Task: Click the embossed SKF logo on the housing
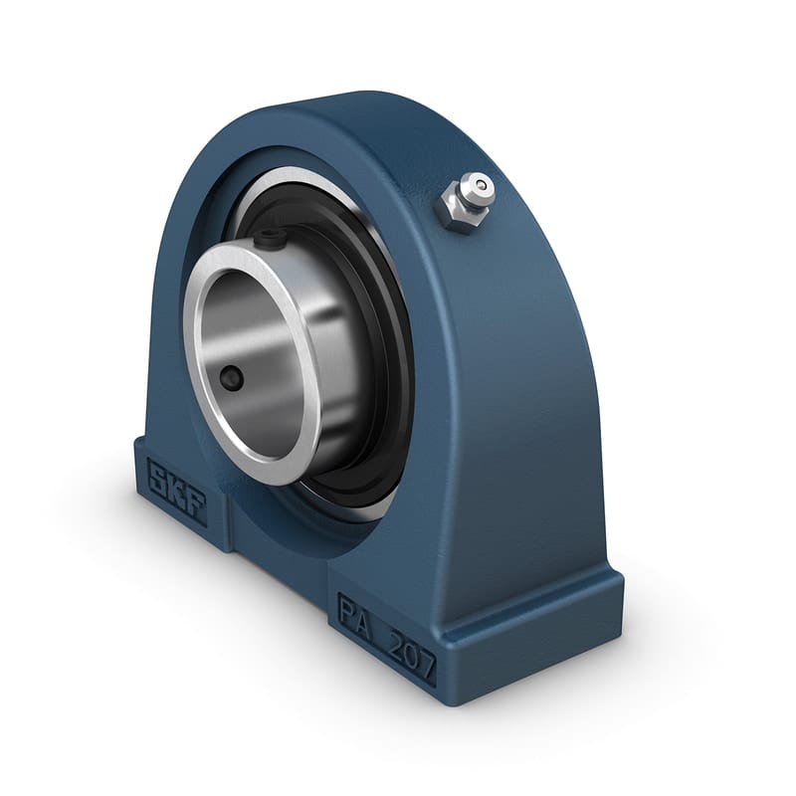coord(177,491)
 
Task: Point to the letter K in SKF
coord(177,491)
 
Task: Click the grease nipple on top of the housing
coord(465,199)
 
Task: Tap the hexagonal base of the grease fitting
coord(455,210)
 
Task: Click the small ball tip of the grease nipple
coord(482,184)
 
